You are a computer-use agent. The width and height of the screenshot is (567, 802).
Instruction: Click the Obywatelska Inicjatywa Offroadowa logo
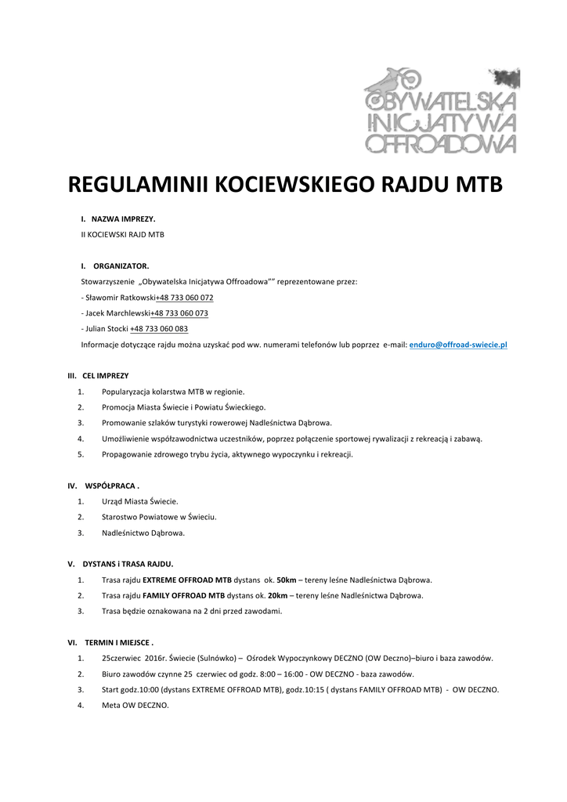click(x=441, y=110)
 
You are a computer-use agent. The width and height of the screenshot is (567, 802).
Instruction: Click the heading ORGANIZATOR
click(x=121, y=266)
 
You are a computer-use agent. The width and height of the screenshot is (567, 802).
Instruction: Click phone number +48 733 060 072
click(x=184, y=298)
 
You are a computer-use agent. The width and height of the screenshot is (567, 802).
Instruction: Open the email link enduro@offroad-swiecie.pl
click(x=458, y=345)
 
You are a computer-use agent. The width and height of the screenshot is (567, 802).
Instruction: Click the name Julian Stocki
click(x=106, y=329)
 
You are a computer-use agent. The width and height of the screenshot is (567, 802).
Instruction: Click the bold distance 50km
click(x=287, y=580)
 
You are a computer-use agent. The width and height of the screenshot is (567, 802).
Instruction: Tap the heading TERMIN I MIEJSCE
click(x=117, y=642)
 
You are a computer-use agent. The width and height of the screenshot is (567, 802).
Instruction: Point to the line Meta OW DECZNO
click(x=135, y=705)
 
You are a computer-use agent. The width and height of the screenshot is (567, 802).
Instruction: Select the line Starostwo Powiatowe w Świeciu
click(x=159, y=517)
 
